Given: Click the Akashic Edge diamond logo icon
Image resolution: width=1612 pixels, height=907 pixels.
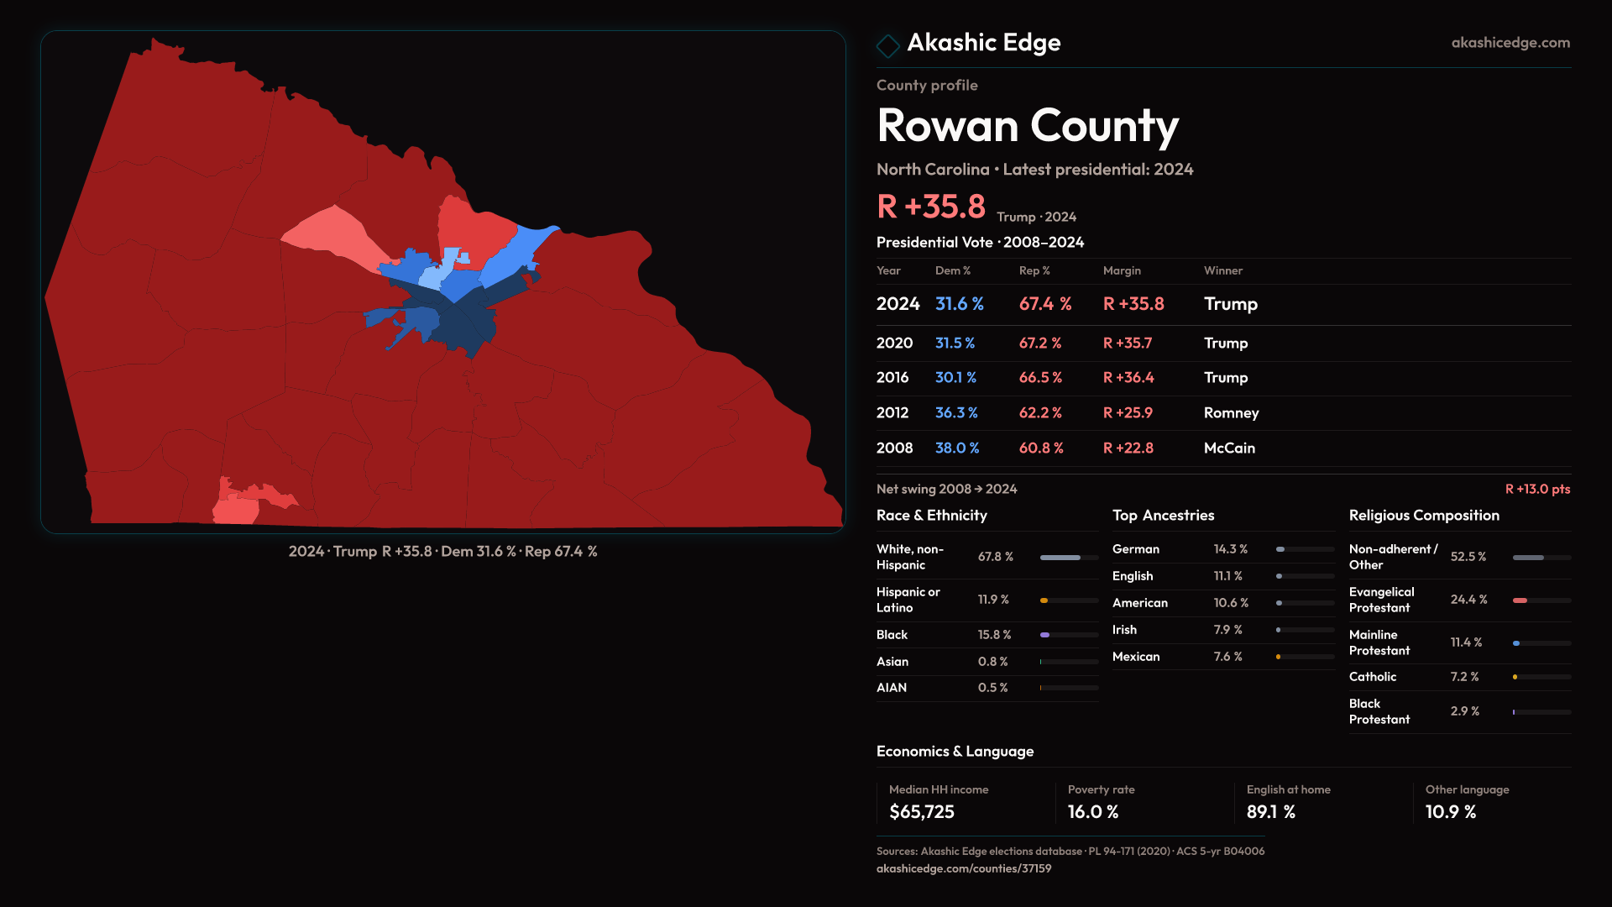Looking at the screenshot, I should point(887,45).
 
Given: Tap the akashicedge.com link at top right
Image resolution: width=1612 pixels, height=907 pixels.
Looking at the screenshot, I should point(1510,43).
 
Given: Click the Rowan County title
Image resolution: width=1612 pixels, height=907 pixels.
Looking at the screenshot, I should point(1028,126).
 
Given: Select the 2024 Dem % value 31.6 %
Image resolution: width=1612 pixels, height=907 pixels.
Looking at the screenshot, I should point(959,304).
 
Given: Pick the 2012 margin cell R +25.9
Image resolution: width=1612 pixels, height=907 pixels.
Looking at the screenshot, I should point(1128,413).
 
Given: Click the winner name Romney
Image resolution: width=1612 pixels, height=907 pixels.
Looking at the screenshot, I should point(1231,413).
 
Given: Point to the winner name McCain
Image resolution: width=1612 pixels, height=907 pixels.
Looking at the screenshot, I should point(1229,448).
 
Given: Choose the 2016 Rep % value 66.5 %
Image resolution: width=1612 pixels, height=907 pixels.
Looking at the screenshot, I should point(1040,378).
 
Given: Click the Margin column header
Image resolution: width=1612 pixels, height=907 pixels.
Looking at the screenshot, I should point(1122,270).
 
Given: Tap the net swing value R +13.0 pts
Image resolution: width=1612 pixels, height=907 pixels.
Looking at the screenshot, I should point(1537,489).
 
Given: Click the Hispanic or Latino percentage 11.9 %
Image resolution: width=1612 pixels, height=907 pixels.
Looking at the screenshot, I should point(993,600).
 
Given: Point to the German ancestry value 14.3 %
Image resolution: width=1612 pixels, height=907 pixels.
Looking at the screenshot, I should point(1230,549).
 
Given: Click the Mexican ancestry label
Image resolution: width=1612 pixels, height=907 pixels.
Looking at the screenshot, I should point(1136,657).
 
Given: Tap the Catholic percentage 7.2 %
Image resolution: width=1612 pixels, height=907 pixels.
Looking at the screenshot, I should point(1465,677).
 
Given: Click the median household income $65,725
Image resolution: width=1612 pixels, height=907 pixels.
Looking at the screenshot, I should point(922,812).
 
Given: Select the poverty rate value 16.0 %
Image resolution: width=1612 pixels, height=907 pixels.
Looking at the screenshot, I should point(1093,812).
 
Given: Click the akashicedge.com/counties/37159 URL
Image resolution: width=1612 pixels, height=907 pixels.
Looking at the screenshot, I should point(964,868).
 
